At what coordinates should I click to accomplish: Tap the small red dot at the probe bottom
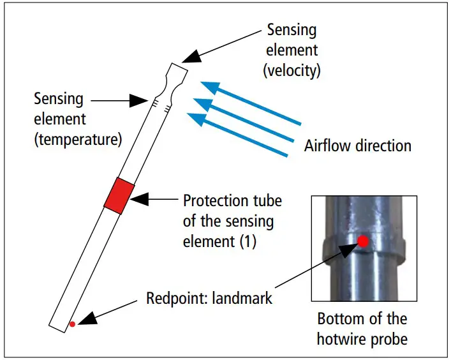pyautogui.click(x=72, y=324)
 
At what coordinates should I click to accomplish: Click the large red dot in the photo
pyautogui.click(x=363, y=241)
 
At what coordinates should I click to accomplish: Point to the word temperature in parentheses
pyautogui.click(x=78, y=139)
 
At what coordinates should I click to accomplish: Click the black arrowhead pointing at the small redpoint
pyautogui.click(x=87, y=318)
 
